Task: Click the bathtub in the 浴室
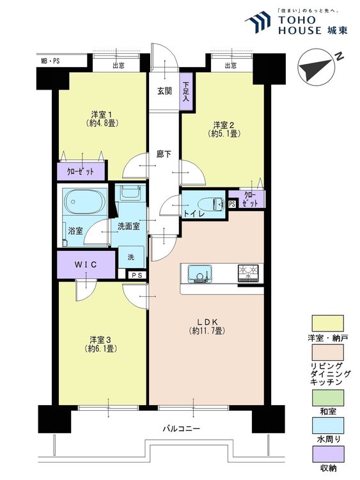tap(84, 202)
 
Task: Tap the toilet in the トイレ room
tap(212, 204)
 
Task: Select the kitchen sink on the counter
tap(200, 273)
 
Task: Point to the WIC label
tap(86, 264)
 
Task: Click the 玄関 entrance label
tap(164, 91)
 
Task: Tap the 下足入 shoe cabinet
tap(186, 92)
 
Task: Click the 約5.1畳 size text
tap(224, 134)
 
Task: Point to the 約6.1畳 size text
tap(102, 348)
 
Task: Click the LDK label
tap(207, 322)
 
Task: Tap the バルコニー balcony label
tap(181, 428)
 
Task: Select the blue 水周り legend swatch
tap(327, 426)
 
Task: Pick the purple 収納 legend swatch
tap(327, 454)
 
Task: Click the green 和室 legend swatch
tap(327, 397)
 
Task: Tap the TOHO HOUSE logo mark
tap(258, 21)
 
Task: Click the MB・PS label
tap(50, 61)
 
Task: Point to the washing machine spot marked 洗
tap(131, 257)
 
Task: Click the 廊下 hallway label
tap(164, 154)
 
